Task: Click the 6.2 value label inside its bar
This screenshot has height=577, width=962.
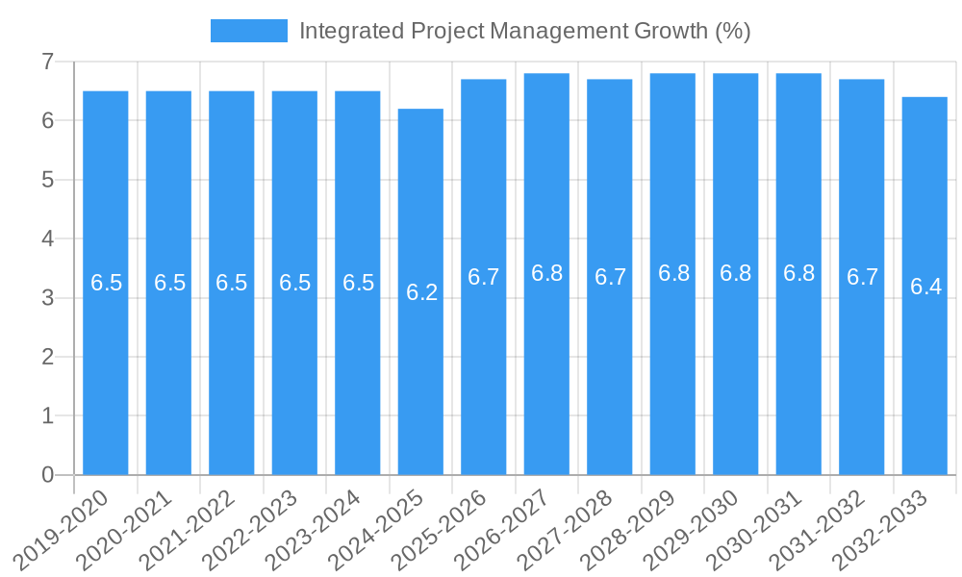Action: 421,292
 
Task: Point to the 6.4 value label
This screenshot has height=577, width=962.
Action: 925,287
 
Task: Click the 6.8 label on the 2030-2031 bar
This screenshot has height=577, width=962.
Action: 798,273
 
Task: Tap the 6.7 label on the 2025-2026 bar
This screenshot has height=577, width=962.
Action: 484,277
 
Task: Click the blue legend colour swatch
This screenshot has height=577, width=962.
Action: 248,31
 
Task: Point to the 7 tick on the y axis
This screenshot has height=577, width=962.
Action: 47,62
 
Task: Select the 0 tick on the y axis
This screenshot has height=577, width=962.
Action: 47,475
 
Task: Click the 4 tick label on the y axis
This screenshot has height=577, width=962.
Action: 47,238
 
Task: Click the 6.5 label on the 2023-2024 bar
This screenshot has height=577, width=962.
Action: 358,283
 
